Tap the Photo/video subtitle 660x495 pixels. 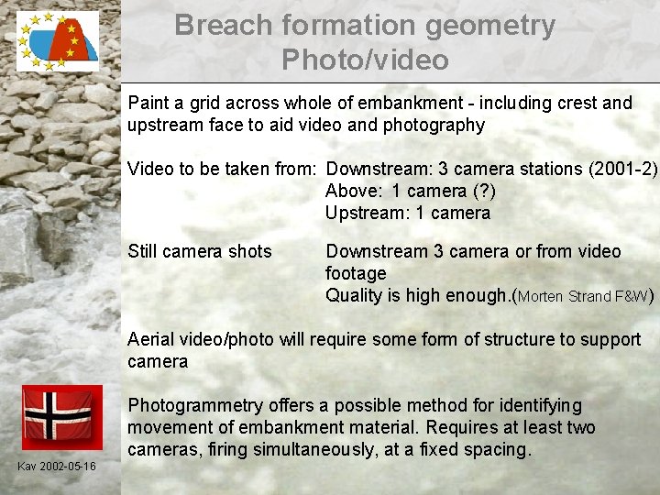[365, 60]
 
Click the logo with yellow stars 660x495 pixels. [57, 40]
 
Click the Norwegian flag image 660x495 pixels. [57, 417]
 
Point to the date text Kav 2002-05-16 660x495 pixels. [57, 467]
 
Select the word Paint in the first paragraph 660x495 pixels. [149, 103]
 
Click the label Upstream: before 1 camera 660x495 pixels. [363, 213]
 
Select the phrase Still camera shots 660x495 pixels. [200, 251]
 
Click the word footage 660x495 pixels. [356, 273]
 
